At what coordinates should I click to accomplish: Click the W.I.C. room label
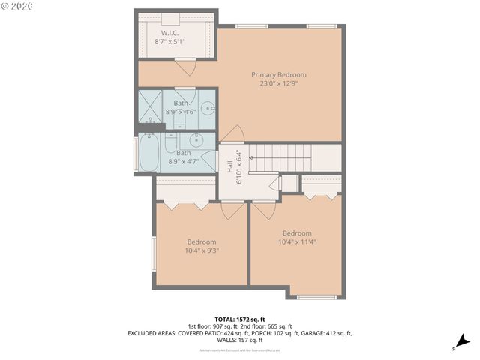click(170, 33)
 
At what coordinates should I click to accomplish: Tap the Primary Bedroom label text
click(278, 74)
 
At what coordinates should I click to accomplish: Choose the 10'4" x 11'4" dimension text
click(297, 241)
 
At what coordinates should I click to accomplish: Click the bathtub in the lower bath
click(142, 154)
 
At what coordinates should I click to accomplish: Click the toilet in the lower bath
click(170, 143)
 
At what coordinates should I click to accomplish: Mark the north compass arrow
click(463, 341)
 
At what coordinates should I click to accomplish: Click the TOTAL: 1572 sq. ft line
click(239, 319)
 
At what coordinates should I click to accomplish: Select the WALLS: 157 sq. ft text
click(240, 339)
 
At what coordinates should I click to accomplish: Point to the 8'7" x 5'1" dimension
click(170, 42)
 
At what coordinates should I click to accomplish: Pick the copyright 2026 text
click(16, 6)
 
